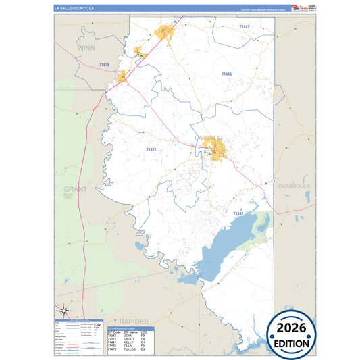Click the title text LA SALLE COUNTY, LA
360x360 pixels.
pyautogui.click(x=75, y=8)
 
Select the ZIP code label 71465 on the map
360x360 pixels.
pyautogui.click(x=226, y=73)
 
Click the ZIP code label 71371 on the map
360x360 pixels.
pyautogui.click(x=151, y=149)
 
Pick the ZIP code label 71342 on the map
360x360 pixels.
pyautogui.click(x=238, y=213)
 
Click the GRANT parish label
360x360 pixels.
pyautogui.click(x=76, y=190)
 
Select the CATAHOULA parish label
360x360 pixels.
pyautogui.click(x=294, y=185)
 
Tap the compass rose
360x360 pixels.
pyautogui.click(x=63, y=311)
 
